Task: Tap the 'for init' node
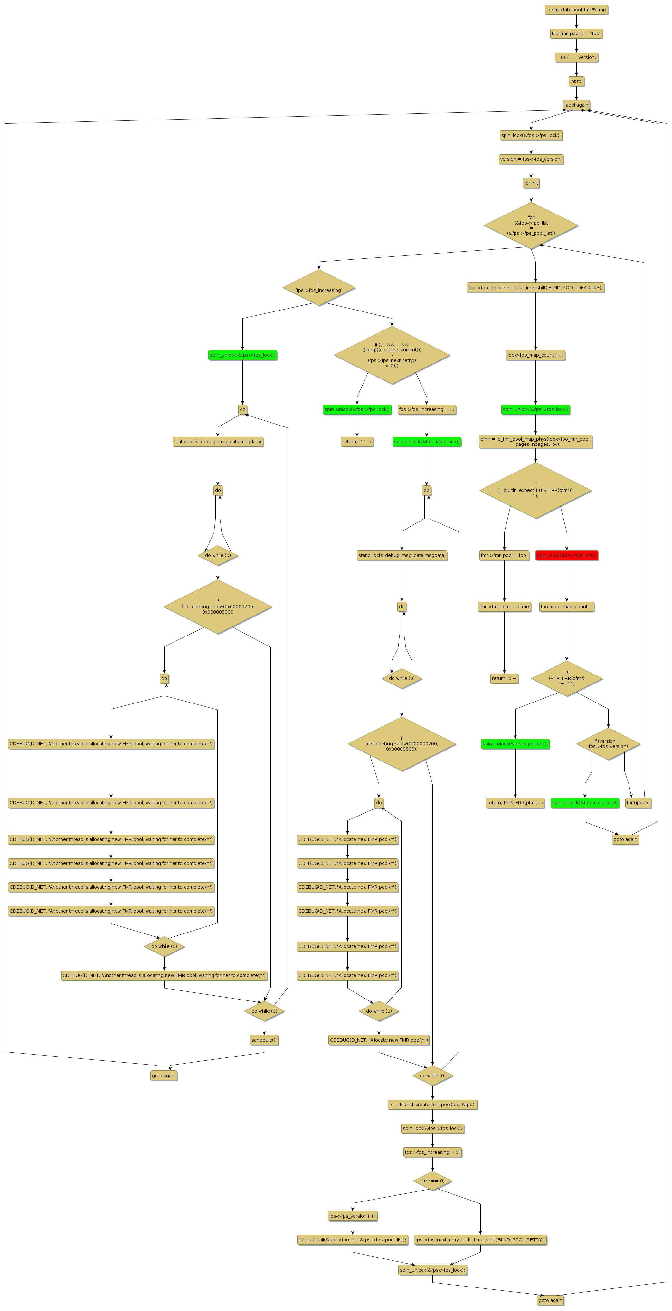click(531, 183)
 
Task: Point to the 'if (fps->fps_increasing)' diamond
click(319, 288)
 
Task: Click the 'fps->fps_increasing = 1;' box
click(426, 409)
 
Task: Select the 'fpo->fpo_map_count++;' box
click(535, 355)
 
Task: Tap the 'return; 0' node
click(504, 678)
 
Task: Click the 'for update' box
click(638, 803)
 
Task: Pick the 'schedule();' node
click(264, 1040)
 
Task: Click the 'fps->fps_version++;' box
click(353, 1216)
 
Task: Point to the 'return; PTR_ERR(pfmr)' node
click(515, 803)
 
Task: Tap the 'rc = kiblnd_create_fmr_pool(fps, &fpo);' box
click(432, 1105)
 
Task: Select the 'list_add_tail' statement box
click(353, 1240)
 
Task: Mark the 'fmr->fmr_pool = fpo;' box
click(504, 555)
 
